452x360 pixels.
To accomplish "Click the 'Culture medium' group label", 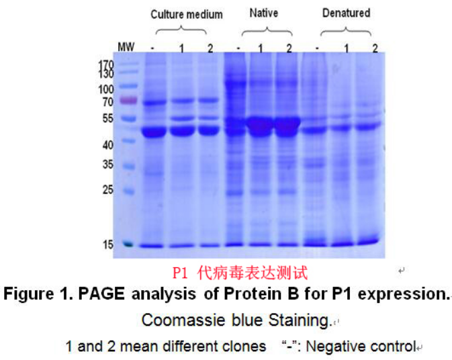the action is pos(187,14).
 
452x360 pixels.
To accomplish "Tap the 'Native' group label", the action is pos(264,13).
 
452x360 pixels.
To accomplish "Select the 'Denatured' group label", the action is pos(346,13).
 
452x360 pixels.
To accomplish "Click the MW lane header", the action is pos(126,47).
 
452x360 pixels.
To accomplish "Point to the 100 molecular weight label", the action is pos(106,89).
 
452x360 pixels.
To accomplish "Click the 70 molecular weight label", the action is pos(108,102).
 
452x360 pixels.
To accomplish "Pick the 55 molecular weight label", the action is pos(108,118).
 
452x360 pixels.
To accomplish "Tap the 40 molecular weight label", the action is pos(108,145).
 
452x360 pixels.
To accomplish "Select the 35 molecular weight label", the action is pos(108,165).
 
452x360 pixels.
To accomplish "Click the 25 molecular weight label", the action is pos(108,189).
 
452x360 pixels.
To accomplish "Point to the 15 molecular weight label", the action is pos(108,244).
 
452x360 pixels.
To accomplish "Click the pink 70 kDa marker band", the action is pos(128,100).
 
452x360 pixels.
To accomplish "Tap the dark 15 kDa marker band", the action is pos(128,244).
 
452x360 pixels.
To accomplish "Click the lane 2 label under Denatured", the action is pos(375,48).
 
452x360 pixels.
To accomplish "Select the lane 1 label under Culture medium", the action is pos(181,49).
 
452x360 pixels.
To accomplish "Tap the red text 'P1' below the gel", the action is pos(180,273).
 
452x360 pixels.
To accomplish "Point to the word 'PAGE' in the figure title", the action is pos(101,294).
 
